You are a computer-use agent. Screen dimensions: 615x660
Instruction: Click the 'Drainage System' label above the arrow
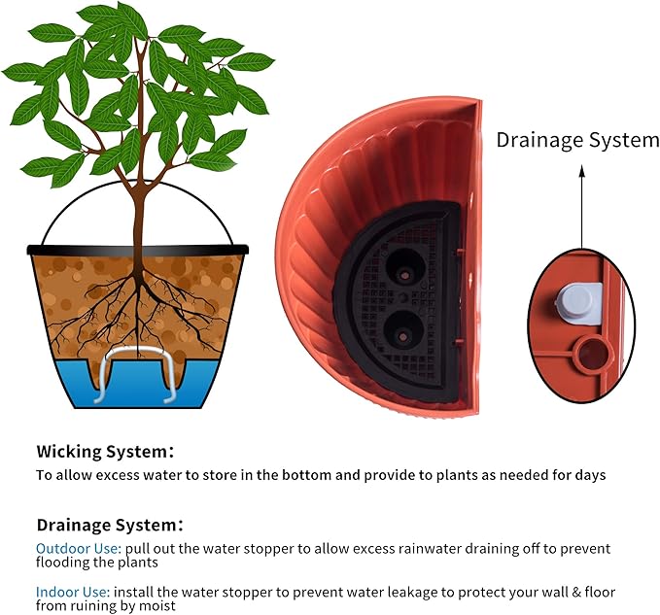click(x=577, y=140)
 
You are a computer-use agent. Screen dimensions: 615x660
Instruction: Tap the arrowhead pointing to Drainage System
click(x=582, y=170)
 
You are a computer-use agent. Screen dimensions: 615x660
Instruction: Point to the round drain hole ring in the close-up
click(x=588, y=355)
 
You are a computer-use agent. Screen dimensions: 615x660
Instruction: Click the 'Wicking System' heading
click(x=104, y=451)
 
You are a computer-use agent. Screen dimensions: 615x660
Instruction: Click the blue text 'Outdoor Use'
click(x=78, y=549)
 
